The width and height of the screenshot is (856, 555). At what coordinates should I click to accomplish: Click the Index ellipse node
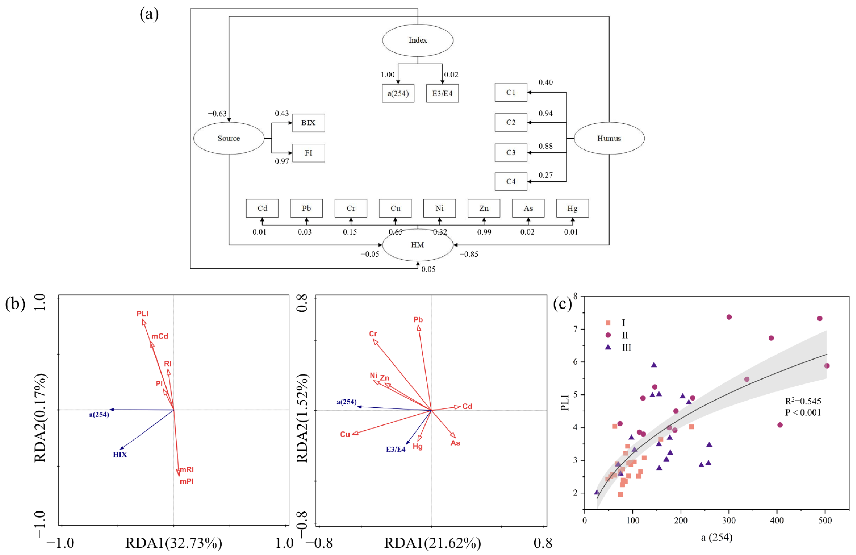[x=418, y=40]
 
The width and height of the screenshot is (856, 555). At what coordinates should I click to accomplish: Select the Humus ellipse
[x=609, y=138]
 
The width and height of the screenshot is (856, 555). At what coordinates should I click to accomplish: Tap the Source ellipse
[x=229, y=138]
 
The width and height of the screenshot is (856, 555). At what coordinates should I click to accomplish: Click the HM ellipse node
[x=418, y=245]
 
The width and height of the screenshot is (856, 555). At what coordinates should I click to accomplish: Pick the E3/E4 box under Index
[x=442, y=93]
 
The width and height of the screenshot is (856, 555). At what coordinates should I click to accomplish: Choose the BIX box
[x=308, y=123]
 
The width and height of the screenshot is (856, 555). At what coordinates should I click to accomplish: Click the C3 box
[x=511, y=153]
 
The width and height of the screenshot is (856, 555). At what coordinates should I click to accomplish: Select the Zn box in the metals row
[x=484, y=208]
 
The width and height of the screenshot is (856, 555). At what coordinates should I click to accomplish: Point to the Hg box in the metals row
[x=572, y=208]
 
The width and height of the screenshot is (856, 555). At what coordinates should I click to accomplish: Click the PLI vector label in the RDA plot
[x=142, y=314]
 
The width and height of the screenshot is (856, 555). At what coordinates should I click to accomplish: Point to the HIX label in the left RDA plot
[x=120, y=454]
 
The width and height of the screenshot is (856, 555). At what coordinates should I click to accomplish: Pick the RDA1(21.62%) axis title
[x=432, y=543]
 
